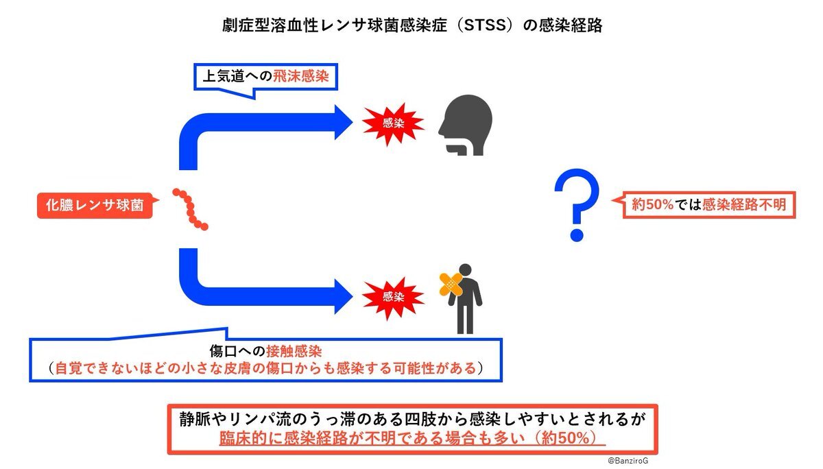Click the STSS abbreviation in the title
pyautogui.click(x=485, y=25)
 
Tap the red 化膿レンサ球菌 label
pyautogui.click(x=95, y=205)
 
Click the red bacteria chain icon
pyautogui.click(x=191, y=209)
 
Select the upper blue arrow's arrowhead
pyautogui.click(x=343, y=122)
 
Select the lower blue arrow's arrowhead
pyautogui.click(x=343, y=296)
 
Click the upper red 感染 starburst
pyautogui.click(x=393, y=123)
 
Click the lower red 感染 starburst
pyautogui.click(x=393, y=297)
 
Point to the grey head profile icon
pyautogui.click(x=466, y=125)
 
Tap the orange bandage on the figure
pyautogui.click(x=451, y=284)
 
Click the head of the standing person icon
pyautogui.click(x=465, y=269)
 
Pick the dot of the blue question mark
pyautogui.click(x=577, y=234)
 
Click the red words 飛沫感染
pyautogui.click(x=301, y=76)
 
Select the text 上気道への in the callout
pyautogui.click(x=237, y=76)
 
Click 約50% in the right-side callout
pyautogui.click(x=652, y=204)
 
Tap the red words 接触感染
pyautogui.click(x=294, y=352)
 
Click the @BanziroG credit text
pyautogui.click(x=628, y=461)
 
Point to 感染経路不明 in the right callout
pyautogui.click(x=744, y=204)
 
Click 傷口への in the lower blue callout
pyautogui.click(x=237, y=352)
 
